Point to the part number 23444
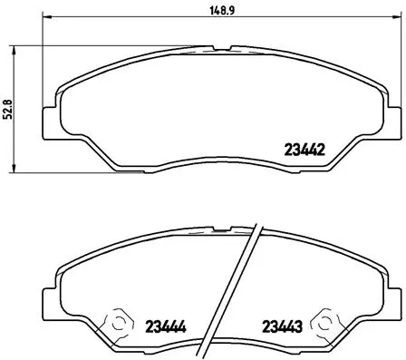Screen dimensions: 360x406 tap(164, 326)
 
